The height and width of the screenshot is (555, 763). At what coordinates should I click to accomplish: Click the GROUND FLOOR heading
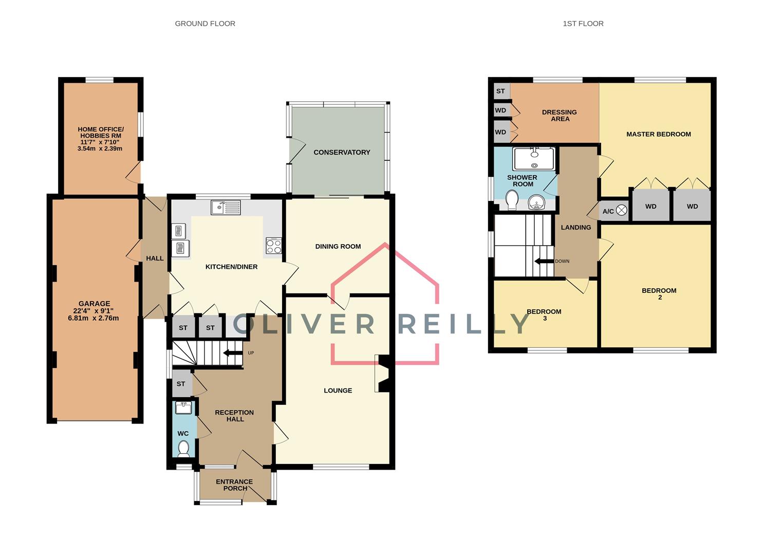205,24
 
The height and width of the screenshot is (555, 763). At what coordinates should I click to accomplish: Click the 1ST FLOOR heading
583,24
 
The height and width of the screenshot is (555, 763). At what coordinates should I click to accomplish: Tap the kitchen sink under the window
226,207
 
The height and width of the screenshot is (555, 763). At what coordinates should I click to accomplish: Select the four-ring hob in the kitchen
273,246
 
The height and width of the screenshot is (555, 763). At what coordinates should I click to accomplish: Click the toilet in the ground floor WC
183,449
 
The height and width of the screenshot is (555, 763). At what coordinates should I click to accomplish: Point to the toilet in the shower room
512,200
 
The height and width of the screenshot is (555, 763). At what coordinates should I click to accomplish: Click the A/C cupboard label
608,211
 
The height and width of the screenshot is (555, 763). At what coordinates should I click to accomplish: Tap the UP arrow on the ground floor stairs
233,353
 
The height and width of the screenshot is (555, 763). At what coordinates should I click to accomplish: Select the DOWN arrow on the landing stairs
544,261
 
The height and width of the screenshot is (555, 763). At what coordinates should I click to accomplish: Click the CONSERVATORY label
342,152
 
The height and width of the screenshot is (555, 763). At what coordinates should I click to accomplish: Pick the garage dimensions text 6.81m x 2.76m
94,318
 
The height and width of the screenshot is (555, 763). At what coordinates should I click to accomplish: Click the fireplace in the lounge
383,373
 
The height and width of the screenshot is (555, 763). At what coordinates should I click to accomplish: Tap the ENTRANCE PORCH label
234,485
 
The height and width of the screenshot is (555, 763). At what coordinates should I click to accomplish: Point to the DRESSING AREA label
560,115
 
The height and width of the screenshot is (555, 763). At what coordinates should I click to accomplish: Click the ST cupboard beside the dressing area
500,91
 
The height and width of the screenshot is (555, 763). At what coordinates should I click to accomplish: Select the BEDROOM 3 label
544,314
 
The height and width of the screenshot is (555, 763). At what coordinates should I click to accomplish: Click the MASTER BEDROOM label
658,134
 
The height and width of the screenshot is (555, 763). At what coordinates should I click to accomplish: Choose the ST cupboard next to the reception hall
181,384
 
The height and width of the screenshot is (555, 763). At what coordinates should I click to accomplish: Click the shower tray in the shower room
534,159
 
